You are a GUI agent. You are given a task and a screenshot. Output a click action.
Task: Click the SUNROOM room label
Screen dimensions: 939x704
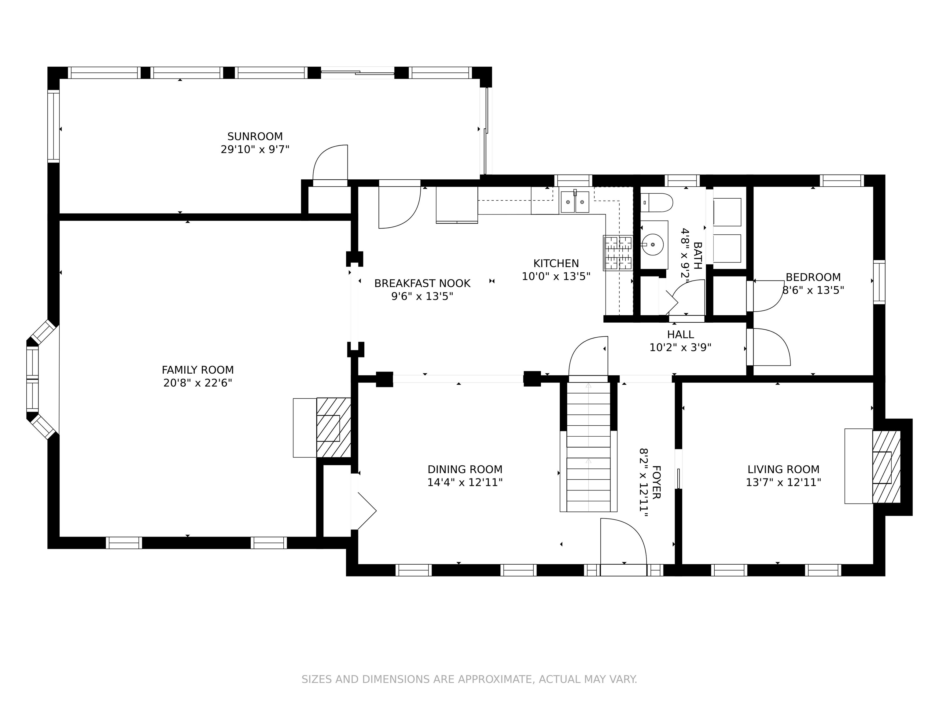click(255, 137)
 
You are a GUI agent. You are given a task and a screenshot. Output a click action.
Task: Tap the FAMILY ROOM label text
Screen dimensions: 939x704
click(198, 370)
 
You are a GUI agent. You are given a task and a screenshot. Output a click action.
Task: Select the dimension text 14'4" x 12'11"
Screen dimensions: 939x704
click(465, 482)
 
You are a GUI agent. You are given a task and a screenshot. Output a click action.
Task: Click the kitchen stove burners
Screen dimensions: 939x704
click(618, 253)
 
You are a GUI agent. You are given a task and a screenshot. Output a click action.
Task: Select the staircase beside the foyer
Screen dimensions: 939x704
click(588, 446)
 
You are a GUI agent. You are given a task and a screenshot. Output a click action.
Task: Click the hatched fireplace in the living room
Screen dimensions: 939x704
click(886, 467)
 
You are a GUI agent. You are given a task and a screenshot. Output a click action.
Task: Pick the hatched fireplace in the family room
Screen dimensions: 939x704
click(334, 428)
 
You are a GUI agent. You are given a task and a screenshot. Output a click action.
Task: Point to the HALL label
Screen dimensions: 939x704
click(680, 334)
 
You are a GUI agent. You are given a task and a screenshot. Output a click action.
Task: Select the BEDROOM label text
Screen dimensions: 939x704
click(813, 277)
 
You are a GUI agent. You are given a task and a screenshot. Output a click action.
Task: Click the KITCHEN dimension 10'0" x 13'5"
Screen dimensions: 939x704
click(556, 277)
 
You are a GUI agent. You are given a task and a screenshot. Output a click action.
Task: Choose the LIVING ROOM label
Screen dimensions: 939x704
click(783, 470)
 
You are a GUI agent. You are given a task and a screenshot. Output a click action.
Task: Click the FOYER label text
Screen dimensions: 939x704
click(656, 482)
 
